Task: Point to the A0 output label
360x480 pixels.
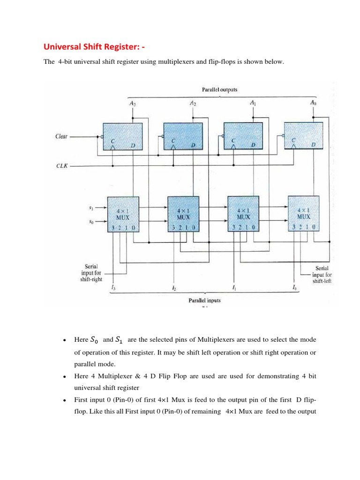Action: pos(313,102)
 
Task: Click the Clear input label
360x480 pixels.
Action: pos(61,136)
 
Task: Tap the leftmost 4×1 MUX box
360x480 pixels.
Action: pos(123,214)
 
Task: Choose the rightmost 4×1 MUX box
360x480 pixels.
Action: pos(303,214)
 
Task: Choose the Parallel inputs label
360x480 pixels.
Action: pos(204,300)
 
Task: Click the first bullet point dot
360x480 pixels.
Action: pos(63,340)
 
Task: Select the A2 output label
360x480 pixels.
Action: pos(192,103)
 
